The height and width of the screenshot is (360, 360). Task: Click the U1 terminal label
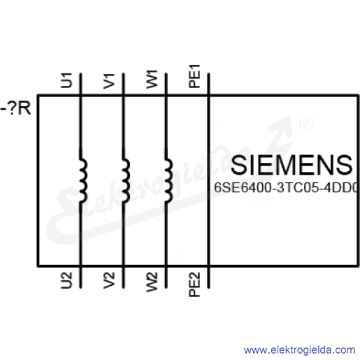tap(66, 80)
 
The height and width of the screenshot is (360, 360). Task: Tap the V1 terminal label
tap(109, 81)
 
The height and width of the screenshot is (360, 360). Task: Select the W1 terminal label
tap(152, 80)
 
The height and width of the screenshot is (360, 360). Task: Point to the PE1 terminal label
tap(194, 76)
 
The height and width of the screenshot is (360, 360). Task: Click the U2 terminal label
tap(66, 280)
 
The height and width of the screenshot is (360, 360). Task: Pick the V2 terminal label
tap(109, 280)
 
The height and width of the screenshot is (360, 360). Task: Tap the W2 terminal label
tap(152, 282)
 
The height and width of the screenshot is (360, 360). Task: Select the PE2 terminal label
tap(194, 285)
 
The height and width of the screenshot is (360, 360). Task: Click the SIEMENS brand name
tap(291, 165)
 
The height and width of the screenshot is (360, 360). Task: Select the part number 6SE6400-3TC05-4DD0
tap(286, 187)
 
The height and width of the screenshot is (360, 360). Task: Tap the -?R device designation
tap(15, 108)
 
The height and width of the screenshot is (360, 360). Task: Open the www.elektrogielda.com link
tap(299, 350)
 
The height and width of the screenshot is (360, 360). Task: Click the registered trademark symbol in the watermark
tap(306, 124)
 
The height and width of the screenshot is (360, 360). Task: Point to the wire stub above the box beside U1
tap(80, 84)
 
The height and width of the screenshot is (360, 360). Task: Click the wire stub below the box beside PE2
tap(208, 277)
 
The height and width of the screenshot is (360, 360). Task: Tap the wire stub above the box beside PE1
tap(208, 84)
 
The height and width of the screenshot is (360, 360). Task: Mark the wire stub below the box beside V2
tap(123, 277)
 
